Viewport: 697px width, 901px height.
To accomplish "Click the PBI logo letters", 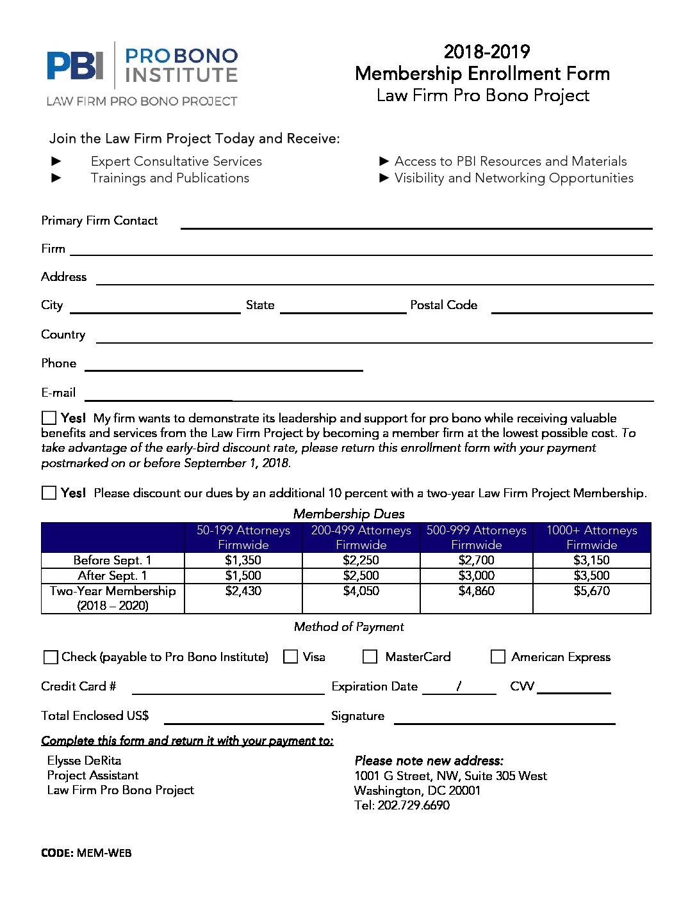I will [75, 66].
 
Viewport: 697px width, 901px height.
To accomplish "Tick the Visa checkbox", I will [291, 657].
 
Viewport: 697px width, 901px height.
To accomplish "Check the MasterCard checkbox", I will [370, 657].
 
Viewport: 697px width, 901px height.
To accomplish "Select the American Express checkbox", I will [498, 657].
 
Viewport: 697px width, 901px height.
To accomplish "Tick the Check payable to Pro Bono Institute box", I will [50, 657].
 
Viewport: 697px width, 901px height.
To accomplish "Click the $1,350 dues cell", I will [243, 560].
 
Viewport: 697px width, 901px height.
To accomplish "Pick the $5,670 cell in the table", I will [591, 591].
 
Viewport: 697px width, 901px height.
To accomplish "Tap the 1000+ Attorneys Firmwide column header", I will [591, 538].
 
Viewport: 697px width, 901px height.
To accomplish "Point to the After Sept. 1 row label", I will [112, 575].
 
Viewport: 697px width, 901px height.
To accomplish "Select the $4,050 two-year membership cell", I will [361, 591].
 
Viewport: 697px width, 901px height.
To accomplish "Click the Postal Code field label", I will [443, 305].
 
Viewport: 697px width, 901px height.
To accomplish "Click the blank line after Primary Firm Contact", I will [416, 224].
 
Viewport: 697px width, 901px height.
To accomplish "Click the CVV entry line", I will [574, 689].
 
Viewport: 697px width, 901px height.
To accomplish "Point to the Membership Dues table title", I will [348, 514].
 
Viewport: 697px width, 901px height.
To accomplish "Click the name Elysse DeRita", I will [84, 760].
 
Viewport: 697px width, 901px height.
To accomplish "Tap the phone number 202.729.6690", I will [414, 805].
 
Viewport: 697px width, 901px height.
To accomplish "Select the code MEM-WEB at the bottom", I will [104, 853].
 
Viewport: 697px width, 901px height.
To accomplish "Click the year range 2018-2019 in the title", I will [486, 52].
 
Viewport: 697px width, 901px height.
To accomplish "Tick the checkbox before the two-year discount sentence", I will [49, 493].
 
